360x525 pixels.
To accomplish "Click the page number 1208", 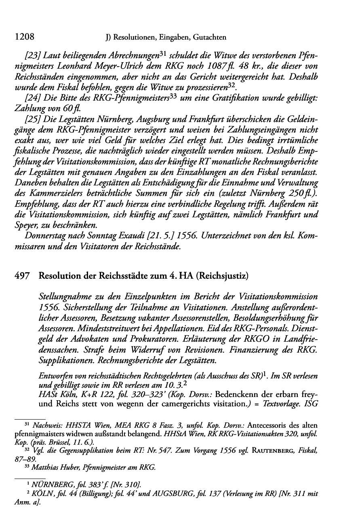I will coord(24,37).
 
